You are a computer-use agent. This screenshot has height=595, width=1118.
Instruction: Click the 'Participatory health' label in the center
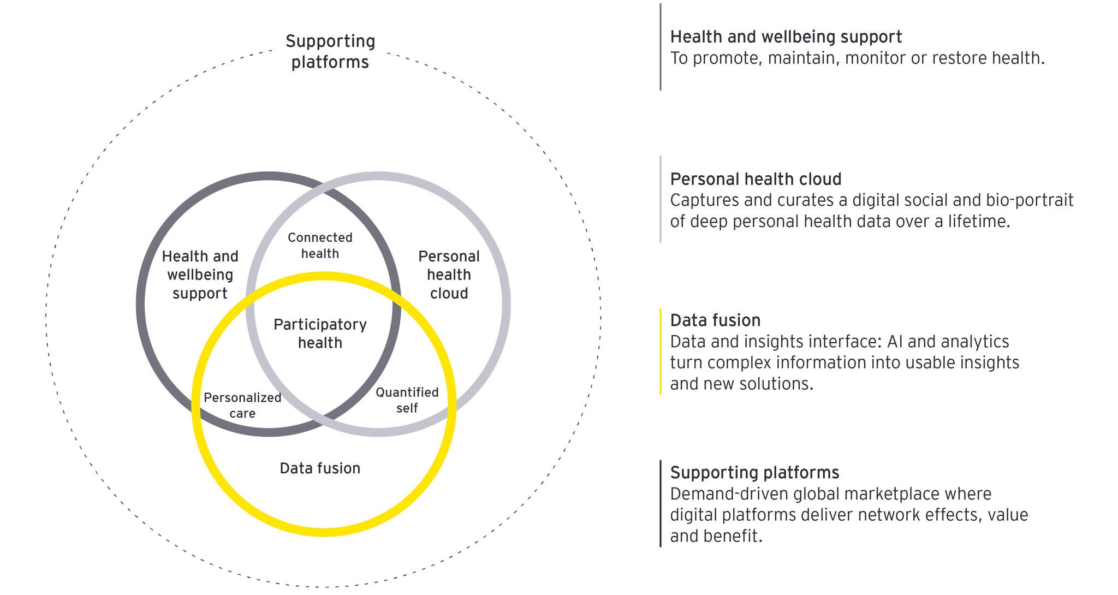click(320, 334)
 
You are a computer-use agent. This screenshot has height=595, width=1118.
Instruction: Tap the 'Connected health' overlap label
click(320, 245)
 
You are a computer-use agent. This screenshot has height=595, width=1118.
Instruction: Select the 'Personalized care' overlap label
click(242, 405)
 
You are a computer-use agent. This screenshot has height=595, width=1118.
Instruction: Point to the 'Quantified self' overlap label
click(407, 400)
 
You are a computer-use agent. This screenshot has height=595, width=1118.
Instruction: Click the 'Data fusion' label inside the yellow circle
click(320, 468)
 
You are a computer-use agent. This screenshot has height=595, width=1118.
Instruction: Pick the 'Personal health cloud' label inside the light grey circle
click(449, 275)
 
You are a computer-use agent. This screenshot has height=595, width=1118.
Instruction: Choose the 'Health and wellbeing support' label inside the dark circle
click(200, 275)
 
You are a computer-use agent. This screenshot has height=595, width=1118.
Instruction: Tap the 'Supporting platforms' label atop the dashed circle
click(330, 51)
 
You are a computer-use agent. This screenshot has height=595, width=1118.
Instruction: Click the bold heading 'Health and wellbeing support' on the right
click(786, 37)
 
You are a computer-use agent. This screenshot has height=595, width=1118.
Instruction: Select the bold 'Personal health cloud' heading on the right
click(756, 179)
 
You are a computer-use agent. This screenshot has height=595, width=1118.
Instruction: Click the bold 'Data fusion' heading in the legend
click(715, 320)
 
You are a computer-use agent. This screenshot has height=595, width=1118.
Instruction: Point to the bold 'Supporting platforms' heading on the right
click(754, 473)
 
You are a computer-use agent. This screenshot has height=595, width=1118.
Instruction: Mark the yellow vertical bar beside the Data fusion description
click(661, 351)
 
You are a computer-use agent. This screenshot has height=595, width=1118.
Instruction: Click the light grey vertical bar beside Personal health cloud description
click(661, 199)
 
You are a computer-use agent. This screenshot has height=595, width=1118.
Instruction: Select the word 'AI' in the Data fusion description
click(895, 342)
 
